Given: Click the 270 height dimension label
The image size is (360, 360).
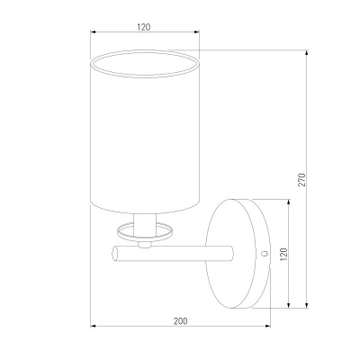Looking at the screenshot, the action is (x=302, y=180).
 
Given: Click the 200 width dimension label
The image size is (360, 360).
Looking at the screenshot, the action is (x=180, y=321).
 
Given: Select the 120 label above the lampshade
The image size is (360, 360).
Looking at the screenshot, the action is (x=144, y=27).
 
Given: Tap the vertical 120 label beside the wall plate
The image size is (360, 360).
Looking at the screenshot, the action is (x=283, y=254).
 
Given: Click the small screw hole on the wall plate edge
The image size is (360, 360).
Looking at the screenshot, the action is (x=265, y=254).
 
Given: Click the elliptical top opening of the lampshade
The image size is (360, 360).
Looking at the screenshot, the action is (x=145, y=64).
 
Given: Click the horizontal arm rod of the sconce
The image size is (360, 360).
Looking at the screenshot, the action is (x=173, y=254).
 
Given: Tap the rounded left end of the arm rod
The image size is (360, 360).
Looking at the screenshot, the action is (x=115, y=254).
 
